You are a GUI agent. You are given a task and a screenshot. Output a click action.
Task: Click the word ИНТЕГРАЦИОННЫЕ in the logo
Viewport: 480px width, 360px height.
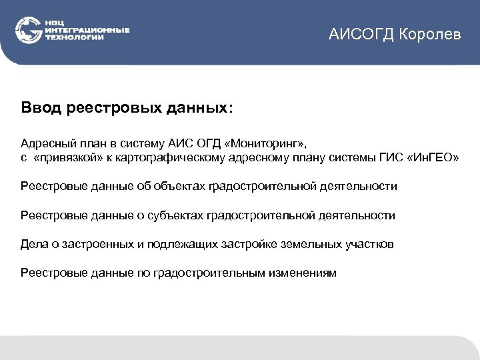(x=87, y=31)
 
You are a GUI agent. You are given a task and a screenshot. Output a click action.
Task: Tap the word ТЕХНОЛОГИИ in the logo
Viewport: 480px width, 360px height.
(x=75, y=38)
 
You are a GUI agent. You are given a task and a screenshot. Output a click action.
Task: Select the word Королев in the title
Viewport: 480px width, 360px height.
(x=430, y=34)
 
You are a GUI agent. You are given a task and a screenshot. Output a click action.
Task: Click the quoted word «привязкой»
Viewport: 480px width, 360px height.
(x=67, y=158)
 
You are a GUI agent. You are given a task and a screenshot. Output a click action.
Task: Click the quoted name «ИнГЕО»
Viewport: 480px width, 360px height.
(x=432, y=158)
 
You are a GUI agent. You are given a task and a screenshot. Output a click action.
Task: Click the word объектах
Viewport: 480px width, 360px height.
(x=182, y=187)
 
